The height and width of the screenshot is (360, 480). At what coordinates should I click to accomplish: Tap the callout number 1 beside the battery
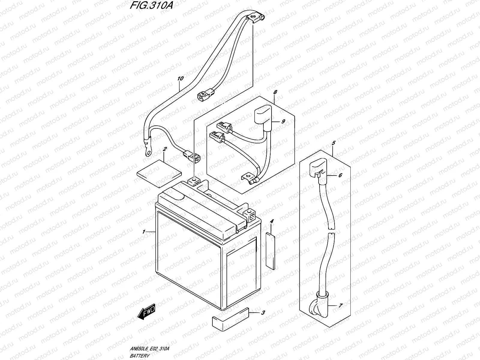tap(144, 232)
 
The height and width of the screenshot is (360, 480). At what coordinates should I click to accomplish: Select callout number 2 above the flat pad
tap(164, 149)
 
